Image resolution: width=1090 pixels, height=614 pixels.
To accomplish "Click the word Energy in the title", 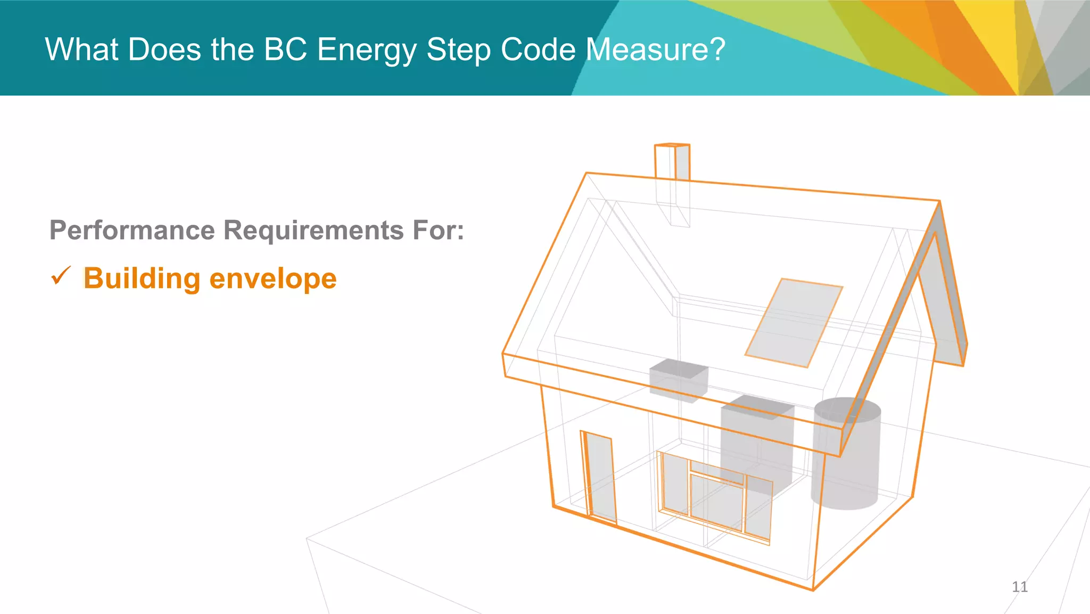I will click(x=366, y=51).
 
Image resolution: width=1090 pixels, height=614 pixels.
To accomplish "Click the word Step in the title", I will click(x=458, y=51).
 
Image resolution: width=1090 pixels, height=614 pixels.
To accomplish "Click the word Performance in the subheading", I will click(x=132, y=231).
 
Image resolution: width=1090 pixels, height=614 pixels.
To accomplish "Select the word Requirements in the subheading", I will click(x=313, y=231).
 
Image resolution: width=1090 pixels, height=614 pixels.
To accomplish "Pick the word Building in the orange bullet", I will click(x=142, y=279).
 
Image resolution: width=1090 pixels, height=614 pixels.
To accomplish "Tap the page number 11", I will click(x=1019, y=587).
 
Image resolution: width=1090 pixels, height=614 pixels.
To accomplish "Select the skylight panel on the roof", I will click(x=793, y=323).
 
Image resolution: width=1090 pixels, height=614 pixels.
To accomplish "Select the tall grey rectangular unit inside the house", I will click(x=756, y=442).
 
